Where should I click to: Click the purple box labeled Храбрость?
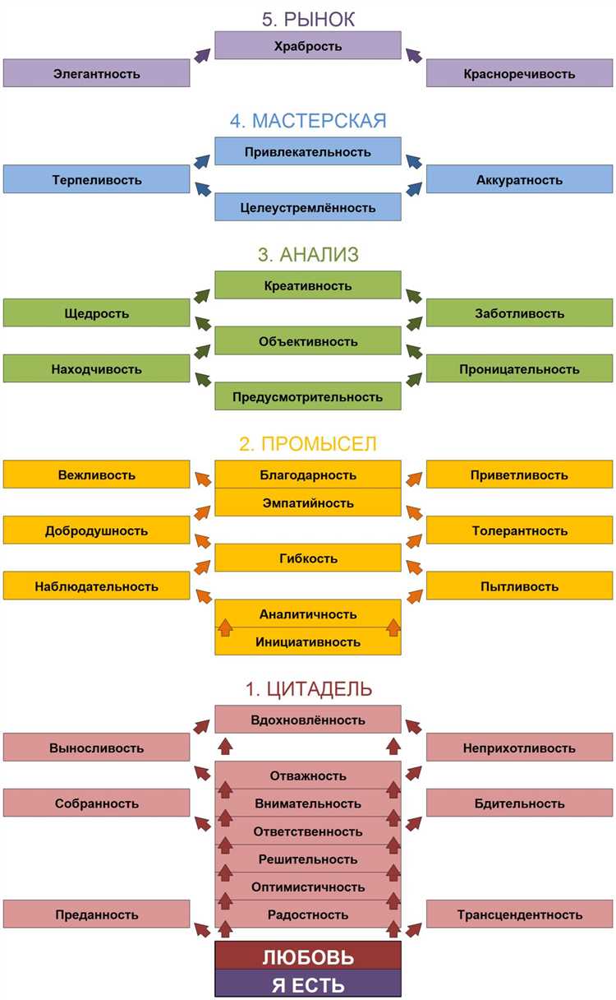pos(307,45)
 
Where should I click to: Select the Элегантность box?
pos(96,72)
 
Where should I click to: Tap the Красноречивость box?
pos(519,72)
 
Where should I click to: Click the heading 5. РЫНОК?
pos(308,19)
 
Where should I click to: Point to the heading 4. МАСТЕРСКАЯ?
pos(308,121)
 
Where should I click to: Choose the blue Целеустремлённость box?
pos(307,206)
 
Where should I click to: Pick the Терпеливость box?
pos(96,179)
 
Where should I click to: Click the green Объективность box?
pos(307,340)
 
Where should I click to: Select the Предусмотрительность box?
pos(307,396)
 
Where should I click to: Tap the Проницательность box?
pos(519,368)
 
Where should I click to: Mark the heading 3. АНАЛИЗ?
pos(308,254)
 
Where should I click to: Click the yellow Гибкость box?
pos(307,558)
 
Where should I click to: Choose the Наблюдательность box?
pos(96,586)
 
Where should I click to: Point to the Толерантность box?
pos(519,530)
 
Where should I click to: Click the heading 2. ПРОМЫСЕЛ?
pos(308,444)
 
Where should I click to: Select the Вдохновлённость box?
pos(307,720)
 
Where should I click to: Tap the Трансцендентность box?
pos(519,914)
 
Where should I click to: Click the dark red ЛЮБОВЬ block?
pos(307,956)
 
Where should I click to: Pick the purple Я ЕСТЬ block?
pos(307,984)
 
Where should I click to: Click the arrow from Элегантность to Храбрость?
pos(202,55)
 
